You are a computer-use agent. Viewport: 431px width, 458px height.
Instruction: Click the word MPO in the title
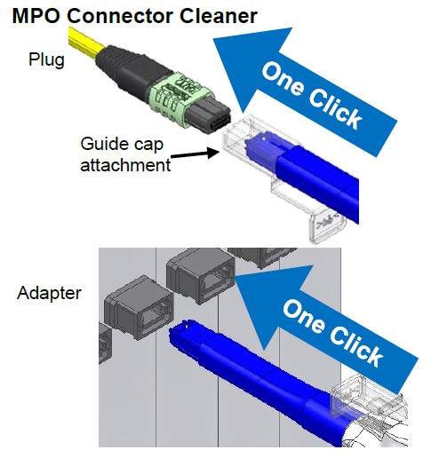36,16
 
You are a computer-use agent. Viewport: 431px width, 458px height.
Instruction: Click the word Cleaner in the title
219,16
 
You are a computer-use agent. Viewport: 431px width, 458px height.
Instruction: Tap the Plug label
46,60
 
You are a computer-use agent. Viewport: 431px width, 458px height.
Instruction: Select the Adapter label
49,293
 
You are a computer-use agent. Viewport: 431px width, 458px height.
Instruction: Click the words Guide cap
122,144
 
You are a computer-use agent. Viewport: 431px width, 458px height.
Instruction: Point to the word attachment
125,165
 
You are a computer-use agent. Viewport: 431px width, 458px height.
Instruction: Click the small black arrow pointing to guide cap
195,154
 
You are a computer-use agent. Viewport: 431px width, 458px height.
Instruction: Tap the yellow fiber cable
86,43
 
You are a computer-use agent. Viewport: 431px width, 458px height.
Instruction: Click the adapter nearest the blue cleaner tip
140,308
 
